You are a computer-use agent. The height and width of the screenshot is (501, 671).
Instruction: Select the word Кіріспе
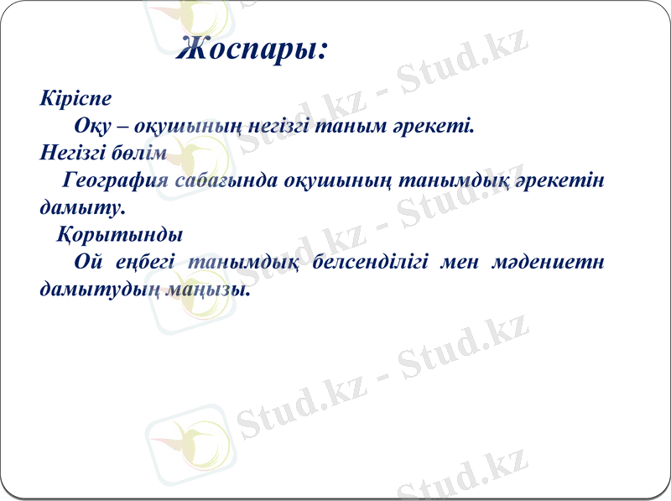coord(75,98)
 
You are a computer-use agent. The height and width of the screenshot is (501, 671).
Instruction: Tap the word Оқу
coord(90,126)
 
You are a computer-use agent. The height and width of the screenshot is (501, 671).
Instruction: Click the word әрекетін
coord(561,180)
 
